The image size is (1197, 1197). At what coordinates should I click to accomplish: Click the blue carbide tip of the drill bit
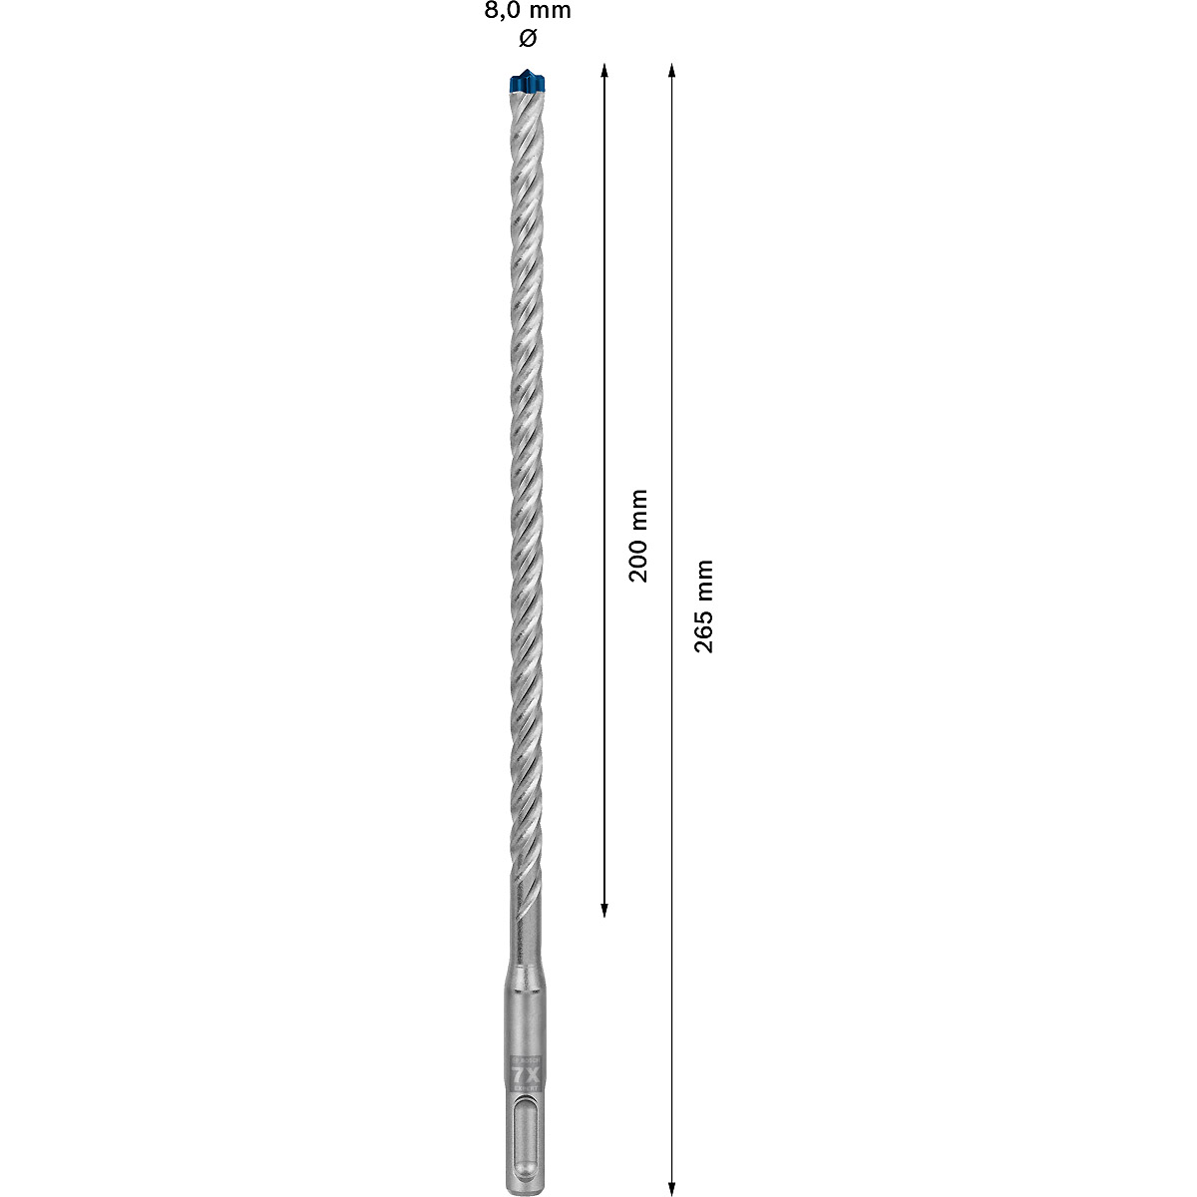528,81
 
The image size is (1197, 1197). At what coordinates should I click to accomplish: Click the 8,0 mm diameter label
528,12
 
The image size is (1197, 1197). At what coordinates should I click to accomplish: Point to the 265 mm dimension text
705,605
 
